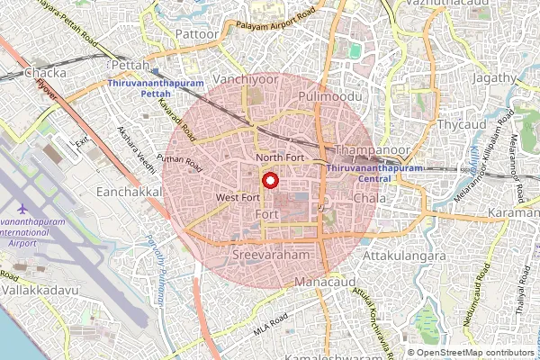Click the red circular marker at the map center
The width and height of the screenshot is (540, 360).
(x=269, y=179)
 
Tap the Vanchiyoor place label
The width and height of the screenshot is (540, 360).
(x=245, y=79)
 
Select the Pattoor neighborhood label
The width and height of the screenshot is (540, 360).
(x=195, y=34)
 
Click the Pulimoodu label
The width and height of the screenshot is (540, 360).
(x=334, y=95)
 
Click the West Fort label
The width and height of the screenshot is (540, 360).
(x=238, y=196)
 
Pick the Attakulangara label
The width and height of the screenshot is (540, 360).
(x=404, y=256)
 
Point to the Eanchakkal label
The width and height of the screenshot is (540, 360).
(x=132, y=193)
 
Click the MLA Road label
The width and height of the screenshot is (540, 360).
(x=270, y=326)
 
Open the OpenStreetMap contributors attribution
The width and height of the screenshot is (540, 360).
(x=477, y=352)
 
